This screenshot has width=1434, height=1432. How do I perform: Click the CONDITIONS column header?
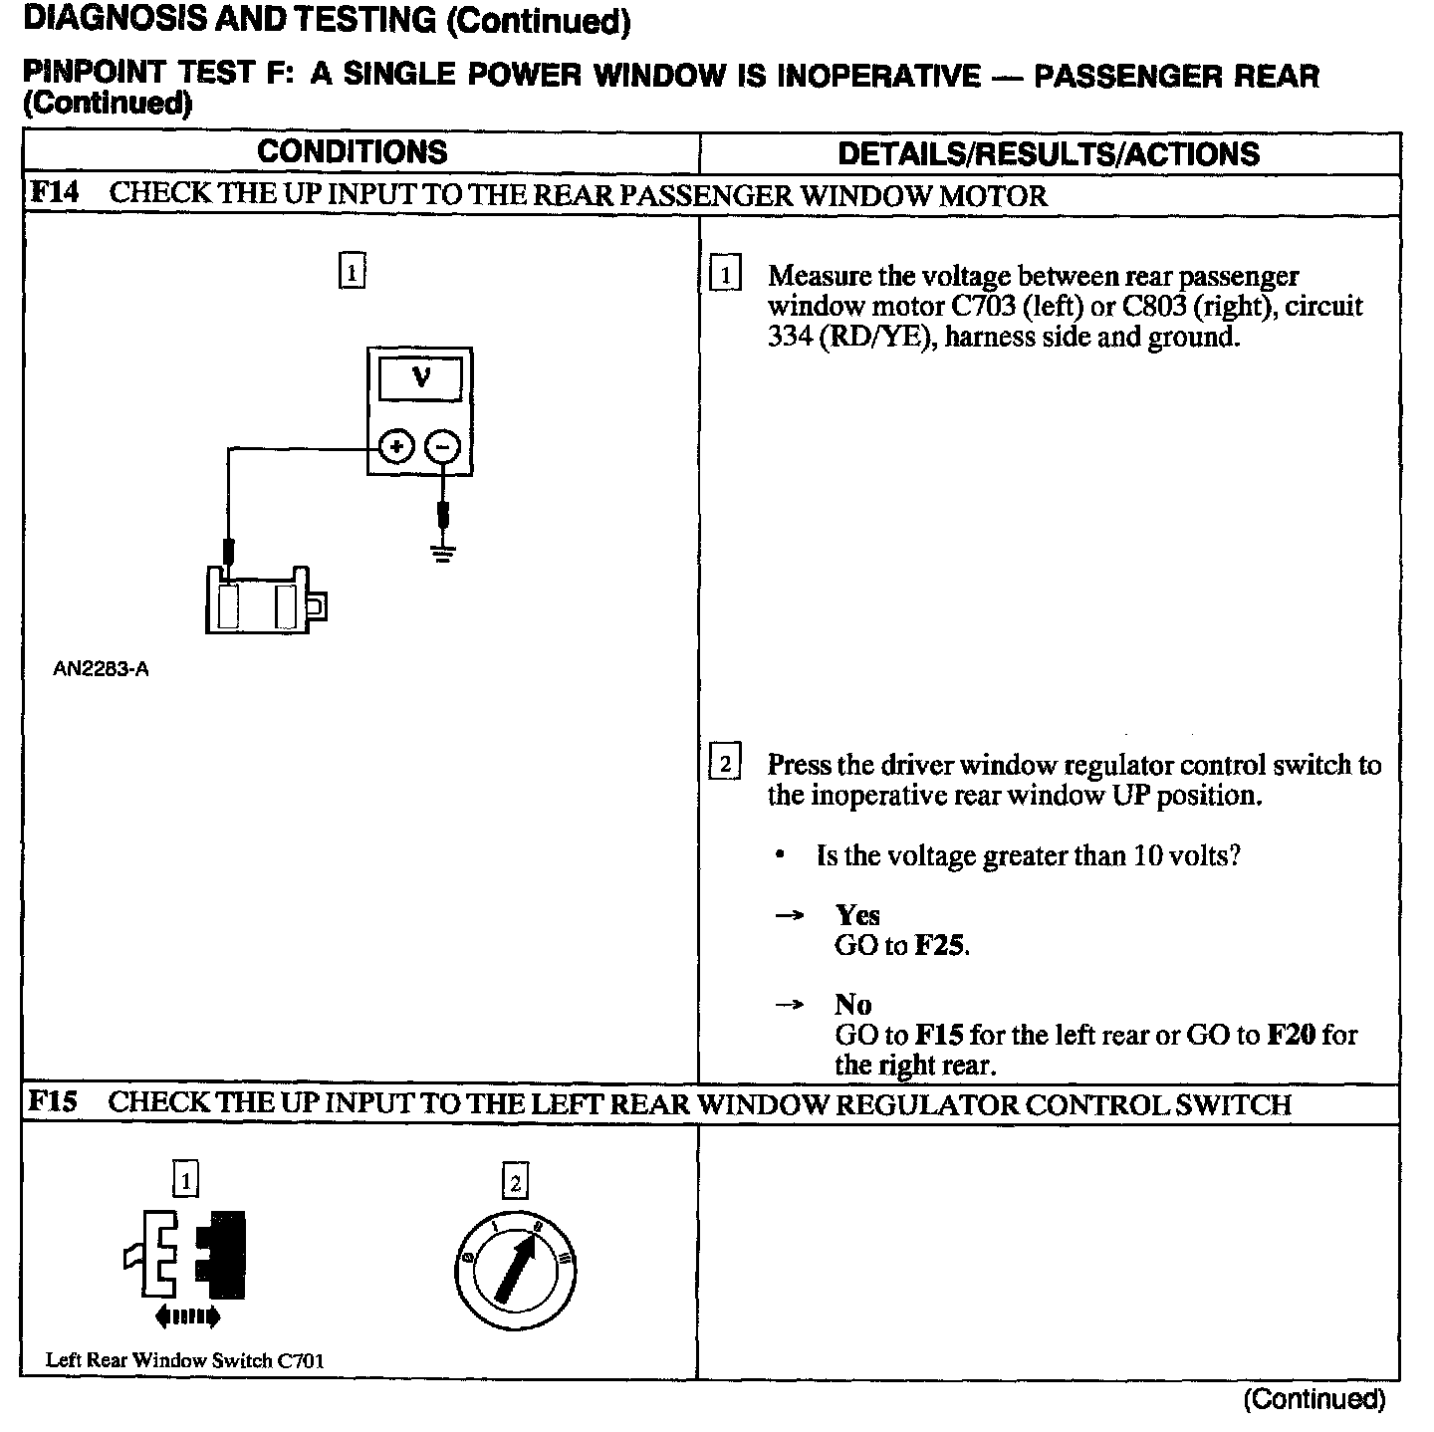[353, 152]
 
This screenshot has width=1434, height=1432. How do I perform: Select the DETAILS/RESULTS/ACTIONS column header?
[1049, 154]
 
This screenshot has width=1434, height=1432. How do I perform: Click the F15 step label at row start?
[53, 1101]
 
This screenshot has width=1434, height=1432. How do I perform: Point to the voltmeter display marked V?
[420, 379]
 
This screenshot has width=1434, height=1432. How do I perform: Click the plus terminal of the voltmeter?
[396, 447]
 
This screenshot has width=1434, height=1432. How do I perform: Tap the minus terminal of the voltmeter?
[443, 447]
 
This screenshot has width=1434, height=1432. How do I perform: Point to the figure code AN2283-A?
[101, 669]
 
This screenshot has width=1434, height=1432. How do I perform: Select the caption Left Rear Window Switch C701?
[185, 1360]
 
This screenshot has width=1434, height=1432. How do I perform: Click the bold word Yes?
[857, 915]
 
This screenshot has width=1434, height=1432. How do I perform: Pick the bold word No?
[853, 1005]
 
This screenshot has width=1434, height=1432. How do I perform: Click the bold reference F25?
[939, 945]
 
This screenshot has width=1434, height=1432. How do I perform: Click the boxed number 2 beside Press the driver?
[724, 765]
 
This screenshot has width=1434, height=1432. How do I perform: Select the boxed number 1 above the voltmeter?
[352, 272]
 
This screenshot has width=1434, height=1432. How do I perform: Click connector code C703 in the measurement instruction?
[976, 306]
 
